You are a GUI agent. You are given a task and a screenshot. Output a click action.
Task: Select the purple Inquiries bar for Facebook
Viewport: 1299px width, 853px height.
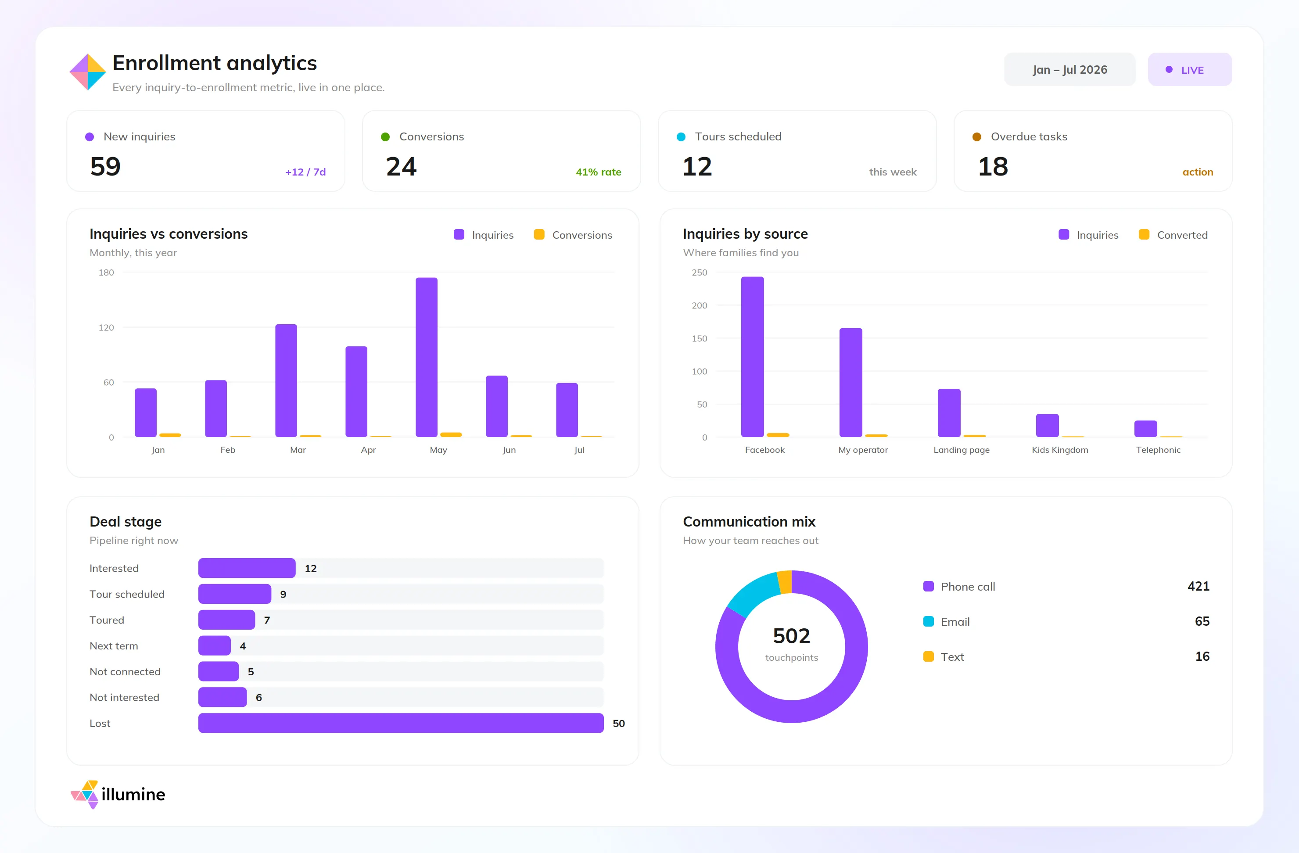click(x=752, y=356)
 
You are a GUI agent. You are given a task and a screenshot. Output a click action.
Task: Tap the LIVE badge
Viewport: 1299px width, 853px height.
click(x=1189, y=69)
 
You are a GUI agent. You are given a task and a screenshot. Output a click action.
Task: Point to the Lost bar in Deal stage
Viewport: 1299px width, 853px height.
click(x=401, y=723)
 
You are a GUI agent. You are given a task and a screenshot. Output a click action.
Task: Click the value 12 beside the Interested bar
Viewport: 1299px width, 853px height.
click(x=311, y=568)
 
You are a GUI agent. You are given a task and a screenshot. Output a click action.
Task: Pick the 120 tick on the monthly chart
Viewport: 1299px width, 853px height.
click(x=106, y=327)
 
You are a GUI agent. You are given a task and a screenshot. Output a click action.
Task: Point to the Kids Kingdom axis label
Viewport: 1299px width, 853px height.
click(x=1059, y=450)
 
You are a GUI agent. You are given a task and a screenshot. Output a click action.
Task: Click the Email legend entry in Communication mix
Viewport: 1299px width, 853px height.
click(x=947, y=622)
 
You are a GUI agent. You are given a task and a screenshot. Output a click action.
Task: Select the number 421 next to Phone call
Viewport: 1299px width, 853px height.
click(x=1198, y=586)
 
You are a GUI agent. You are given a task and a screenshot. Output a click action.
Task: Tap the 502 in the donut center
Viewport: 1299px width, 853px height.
click(x=791, y=636)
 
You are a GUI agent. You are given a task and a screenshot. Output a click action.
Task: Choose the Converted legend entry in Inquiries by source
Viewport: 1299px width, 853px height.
click(x=1173, y=235)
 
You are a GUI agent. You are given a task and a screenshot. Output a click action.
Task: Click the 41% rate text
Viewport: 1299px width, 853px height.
click(x=598, y=172)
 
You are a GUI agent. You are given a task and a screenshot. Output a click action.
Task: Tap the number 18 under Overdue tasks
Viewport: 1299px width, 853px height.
click(x=993, y=166)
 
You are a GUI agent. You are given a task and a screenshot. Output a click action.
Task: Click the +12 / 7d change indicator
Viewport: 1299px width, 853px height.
click(x=305, y=172)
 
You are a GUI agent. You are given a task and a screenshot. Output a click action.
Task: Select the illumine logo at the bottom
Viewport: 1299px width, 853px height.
click(x=118, y=794)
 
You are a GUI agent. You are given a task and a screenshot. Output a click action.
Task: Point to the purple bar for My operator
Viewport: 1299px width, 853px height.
click(x=850, y=382)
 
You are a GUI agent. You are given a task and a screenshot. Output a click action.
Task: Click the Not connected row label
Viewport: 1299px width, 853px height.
click(x=125, y=671)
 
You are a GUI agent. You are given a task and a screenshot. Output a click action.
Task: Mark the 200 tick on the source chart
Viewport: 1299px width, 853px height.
click(x=699, y=306)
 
